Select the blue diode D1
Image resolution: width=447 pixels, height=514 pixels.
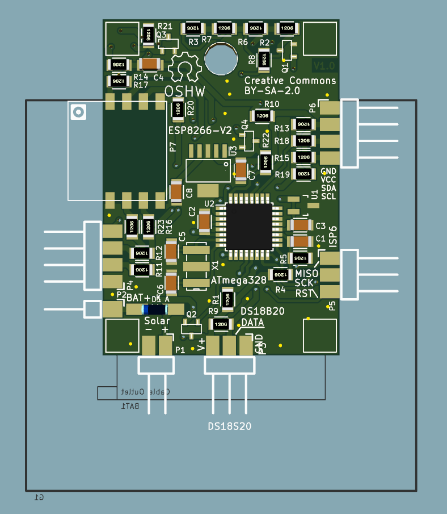pyautogui.click(x=154, y=309)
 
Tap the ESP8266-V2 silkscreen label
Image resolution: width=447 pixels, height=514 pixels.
pyautogui.click(x=200, y=131)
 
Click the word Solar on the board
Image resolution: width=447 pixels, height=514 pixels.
pyautogui.click(x=157, y=321)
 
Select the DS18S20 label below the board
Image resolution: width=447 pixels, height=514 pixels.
pyautogui.click(x=230, y=427)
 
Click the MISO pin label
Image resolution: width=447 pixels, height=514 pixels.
pyautogui.click(x=306, y=274)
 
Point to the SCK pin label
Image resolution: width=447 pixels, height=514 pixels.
pyautogui.click(x=304, y=283)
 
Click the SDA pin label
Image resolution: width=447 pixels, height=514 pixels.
pyautogui.click(x=328, y=187)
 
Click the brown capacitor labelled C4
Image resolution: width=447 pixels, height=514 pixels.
pyautogui.click(x=150, y=64)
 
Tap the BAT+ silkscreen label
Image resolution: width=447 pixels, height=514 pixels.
pyautogui.click(x=138, y=298)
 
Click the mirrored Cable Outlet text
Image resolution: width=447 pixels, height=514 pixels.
pyautogui.click(x=145, y=392)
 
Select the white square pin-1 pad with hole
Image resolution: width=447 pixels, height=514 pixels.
pyautogui.click(x=78, y=112)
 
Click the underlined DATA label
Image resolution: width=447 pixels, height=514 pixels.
pyautogui.click(x=252, y=322)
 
